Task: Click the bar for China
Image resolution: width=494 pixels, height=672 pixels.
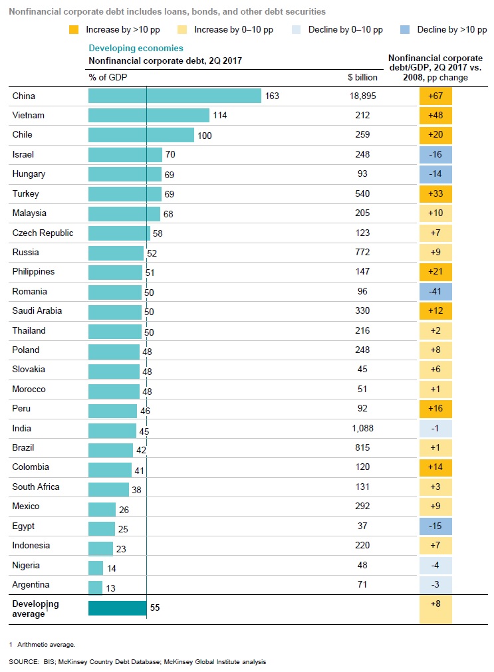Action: pos(174,96)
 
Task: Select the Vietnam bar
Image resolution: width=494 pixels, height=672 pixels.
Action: pos(148,116)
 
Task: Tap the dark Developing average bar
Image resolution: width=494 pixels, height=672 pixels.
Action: pos(117,608)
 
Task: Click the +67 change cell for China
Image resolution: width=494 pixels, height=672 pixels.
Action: pos(435,96)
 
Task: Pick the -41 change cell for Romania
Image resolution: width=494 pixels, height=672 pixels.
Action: pos(435,292)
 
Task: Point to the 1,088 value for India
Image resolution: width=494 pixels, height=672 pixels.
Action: pos(362,429)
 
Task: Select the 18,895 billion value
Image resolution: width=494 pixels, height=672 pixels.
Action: pos(362,96)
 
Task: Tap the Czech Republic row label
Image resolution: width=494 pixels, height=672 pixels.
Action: pos(43,233)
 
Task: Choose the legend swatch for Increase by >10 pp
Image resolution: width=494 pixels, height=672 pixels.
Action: pos(73,30)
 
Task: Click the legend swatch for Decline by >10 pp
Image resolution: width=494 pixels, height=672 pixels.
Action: pos(404,30)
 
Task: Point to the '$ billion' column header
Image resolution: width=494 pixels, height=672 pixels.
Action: pos(362,77)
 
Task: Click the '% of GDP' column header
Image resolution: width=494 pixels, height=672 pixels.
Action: pos(107,77)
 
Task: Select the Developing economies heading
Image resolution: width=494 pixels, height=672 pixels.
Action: pos(136,49)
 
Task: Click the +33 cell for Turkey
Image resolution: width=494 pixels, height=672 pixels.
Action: pos(435,194)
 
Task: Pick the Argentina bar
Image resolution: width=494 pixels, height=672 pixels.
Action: pos(95,586)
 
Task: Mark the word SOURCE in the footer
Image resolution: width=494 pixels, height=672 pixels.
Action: pos(21,662)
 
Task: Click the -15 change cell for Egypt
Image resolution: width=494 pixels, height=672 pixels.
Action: pos(435,526)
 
